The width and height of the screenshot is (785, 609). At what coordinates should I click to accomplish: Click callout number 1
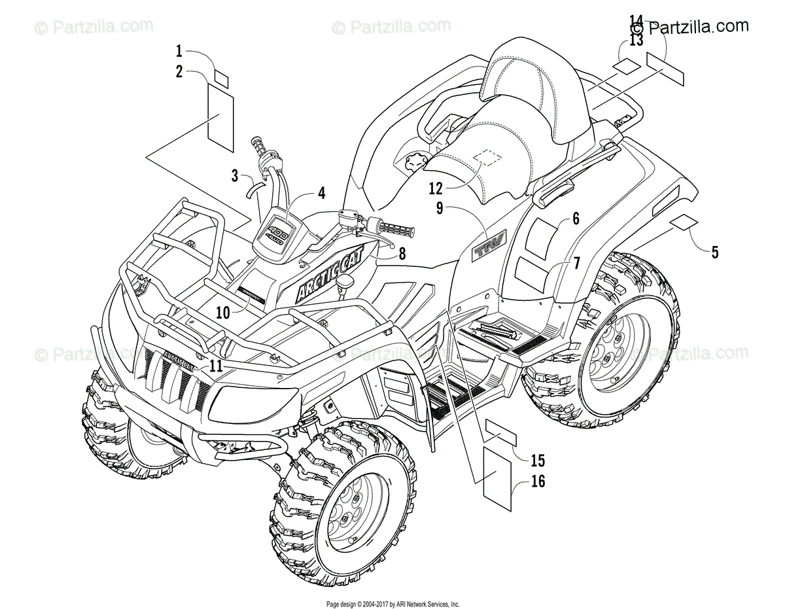point(179,50)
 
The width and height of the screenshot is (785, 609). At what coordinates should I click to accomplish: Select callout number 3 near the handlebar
point(235,175)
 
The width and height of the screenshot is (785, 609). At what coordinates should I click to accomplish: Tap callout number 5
point(714,251)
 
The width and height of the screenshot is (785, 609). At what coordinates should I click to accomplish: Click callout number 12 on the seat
point(436,188)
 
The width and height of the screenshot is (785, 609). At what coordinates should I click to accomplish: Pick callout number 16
point(538,482)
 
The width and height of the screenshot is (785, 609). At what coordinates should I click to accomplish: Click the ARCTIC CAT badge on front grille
point(173,358)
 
